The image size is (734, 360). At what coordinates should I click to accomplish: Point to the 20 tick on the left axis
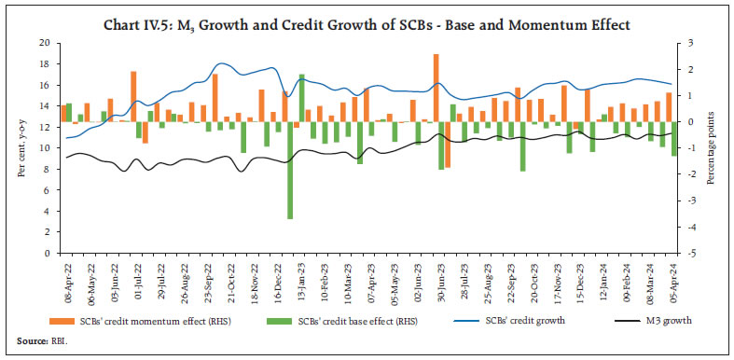(x=43, y=43)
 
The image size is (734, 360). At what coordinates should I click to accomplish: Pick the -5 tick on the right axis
(x=691, y=253)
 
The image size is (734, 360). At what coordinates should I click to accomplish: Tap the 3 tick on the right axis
(x=691, y=43)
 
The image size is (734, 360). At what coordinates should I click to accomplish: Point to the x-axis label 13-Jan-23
(x=299, y=279)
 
